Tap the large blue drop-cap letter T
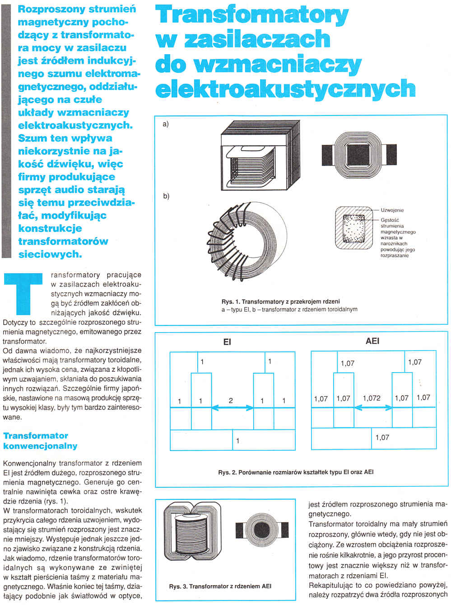coord(23,293)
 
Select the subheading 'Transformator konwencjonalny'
coord(40,441)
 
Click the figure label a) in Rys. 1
coord(166,124)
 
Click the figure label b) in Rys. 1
coord(166,196)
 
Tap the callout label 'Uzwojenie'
coord(392,210)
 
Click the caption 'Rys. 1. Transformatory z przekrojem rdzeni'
coord(280,301)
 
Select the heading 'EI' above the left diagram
coord(227,342)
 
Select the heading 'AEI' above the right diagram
coord(372,341)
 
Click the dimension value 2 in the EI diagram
coord(231,400)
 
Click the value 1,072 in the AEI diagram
coord(372,398)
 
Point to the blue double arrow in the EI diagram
coord(232,408)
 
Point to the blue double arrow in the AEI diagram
coord(373,407)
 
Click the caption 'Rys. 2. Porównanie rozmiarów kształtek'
coord(296,472)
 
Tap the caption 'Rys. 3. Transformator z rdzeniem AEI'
coord(220,586)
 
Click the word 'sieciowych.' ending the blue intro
coord(50,254)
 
